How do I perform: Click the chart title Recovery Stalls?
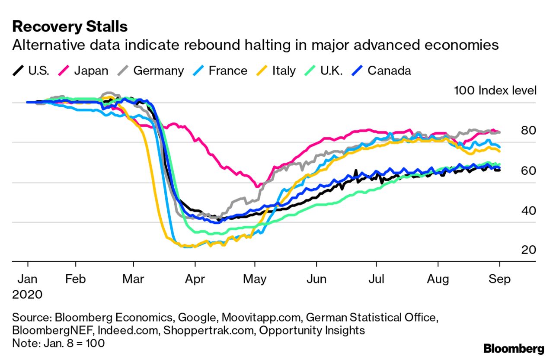(70, 27)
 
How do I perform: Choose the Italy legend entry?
(277, 71)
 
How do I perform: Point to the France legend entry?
(221, 71)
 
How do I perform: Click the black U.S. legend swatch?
(18, 71)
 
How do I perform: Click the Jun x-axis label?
(316, 279)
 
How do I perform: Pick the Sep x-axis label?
(500, 279)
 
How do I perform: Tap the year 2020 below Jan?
(27, 295)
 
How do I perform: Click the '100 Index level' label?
(495, 90)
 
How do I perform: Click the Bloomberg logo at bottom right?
(514, 348)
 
